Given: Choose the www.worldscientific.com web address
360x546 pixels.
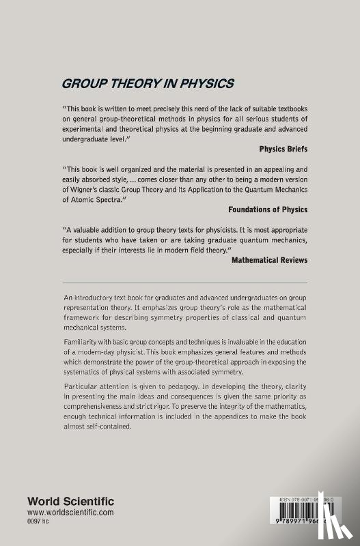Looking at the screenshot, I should tap(81, 511).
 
